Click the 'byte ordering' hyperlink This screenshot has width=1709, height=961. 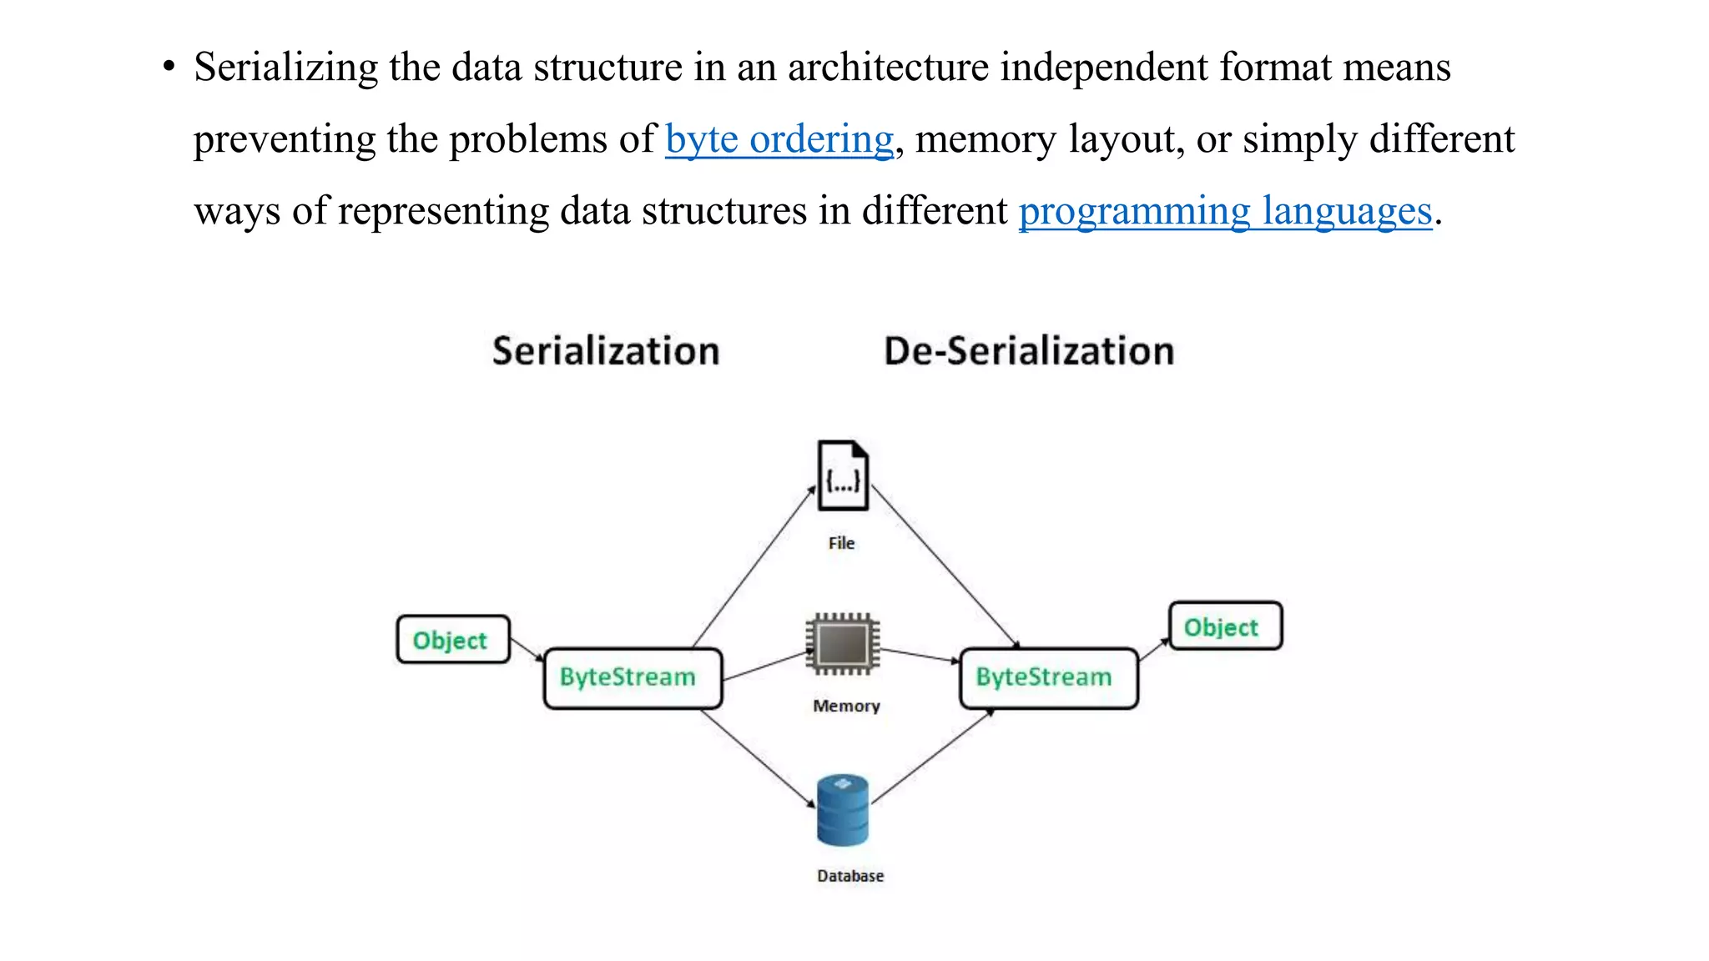coord(779,139)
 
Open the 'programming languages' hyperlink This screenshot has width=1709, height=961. coord(1224,211)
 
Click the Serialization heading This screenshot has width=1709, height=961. coord(606,350)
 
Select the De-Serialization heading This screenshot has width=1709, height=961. coord(1029,350)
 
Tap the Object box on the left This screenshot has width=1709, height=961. coord(452,640)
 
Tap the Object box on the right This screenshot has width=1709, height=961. coord(1224,626)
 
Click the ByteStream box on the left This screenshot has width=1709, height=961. coord(632,677)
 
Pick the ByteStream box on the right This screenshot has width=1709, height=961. coord(1048,677)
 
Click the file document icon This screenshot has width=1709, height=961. coord(843,475)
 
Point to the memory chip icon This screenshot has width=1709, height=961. coord(843,643)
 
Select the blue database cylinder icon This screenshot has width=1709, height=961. coord(843,810)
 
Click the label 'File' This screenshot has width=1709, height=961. coord(841,543)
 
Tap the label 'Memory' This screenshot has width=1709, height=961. coord(846,706)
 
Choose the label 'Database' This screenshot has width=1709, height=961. coord(850,876)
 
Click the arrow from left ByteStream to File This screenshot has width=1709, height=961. coord(754,567)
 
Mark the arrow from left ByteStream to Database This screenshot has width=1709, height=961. coord(758,757)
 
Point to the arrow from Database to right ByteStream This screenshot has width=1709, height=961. coord(933,756)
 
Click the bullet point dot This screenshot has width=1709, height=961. coord(169,66)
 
